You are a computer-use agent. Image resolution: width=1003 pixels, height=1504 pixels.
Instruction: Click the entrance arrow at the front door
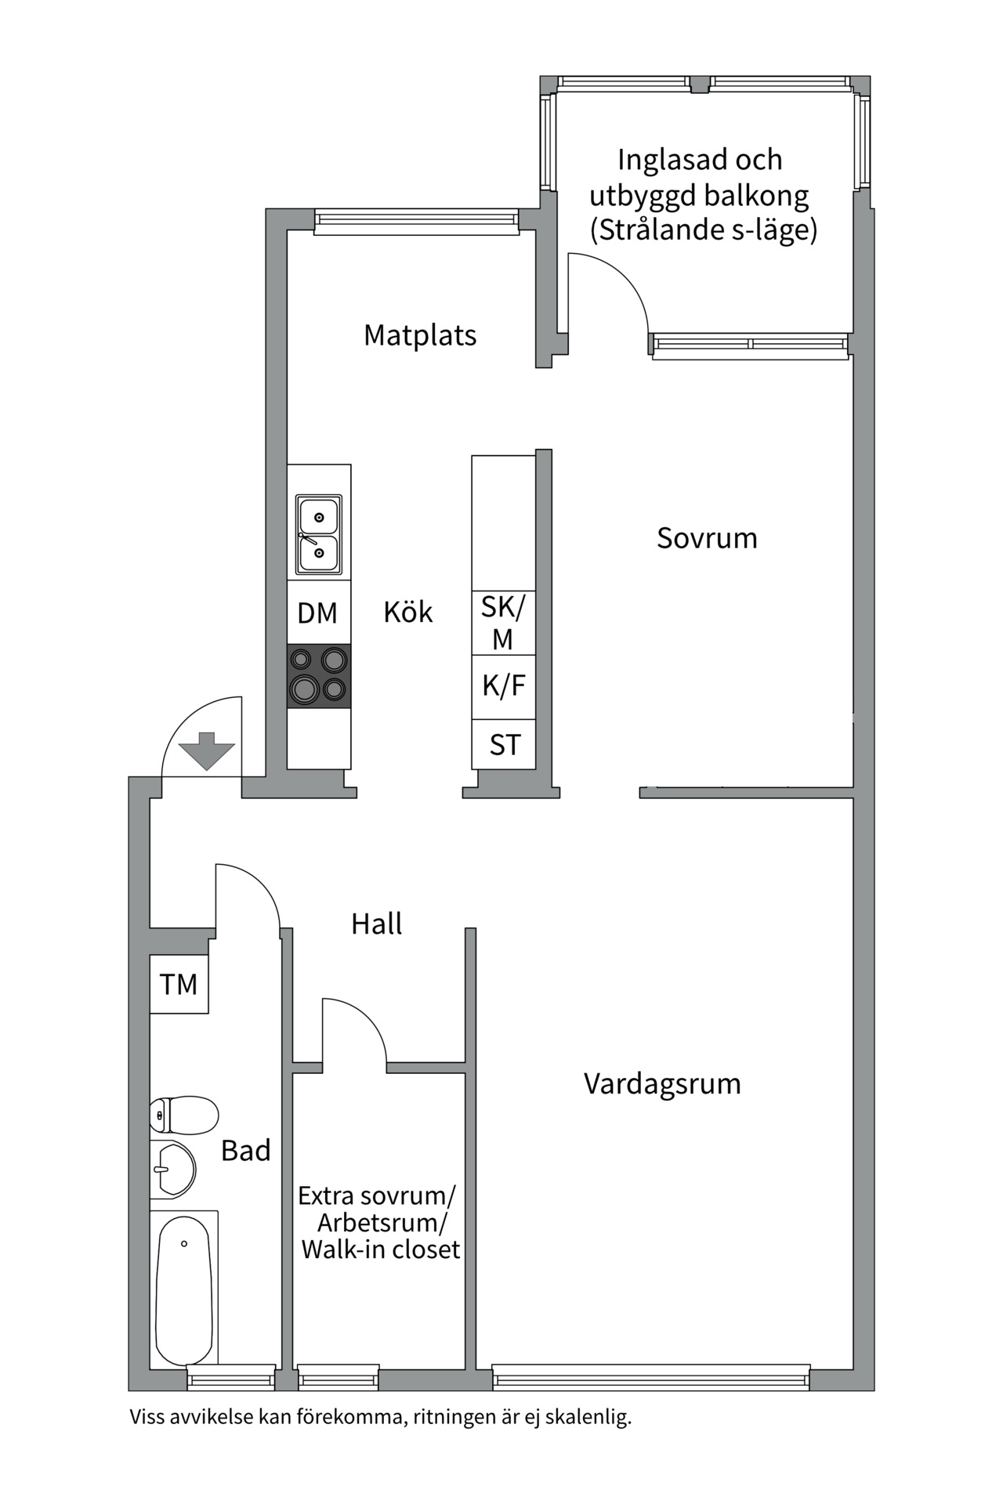coord(207,750)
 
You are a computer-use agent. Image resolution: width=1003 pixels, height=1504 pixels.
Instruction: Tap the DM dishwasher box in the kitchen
coord(318,613)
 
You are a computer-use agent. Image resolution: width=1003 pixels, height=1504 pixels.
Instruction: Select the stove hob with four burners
coord(318,676)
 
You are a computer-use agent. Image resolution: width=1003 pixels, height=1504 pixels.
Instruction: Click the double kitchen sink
coord(318,533)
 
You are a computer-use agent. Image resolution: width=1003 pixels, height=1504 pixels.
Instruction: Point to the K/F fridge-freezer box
coord(504,687)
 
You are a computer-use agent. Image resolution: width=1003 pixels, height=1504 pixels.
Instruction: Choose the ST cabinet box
coord(504,744)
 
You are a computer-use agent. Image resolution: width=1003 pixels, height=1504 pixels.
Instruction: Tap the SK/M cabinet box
coord(504,623)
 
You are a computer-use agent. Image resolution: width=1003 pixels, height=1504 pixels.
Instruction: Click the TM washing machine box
coord(179,984)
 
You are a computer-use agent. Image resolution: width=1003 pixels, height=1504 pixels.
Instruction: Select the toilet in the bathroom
coord(184,1115)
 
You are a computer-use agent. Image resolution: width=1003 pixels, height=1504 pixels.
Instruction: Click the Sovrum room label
coord(707,538)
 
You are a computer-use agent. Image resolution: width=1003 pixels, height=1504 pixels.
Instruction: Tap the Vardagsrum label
coord(662,1084)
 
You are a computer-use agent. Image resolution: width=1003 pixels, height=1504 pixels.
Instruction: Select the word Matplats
coord(420,335)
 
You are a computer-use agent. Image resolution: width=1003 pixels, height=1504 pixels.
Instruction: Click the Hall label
coord(376,924)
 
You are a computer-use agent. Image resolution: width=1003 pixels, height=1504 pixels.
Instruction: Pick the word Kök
coord(407,612)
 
